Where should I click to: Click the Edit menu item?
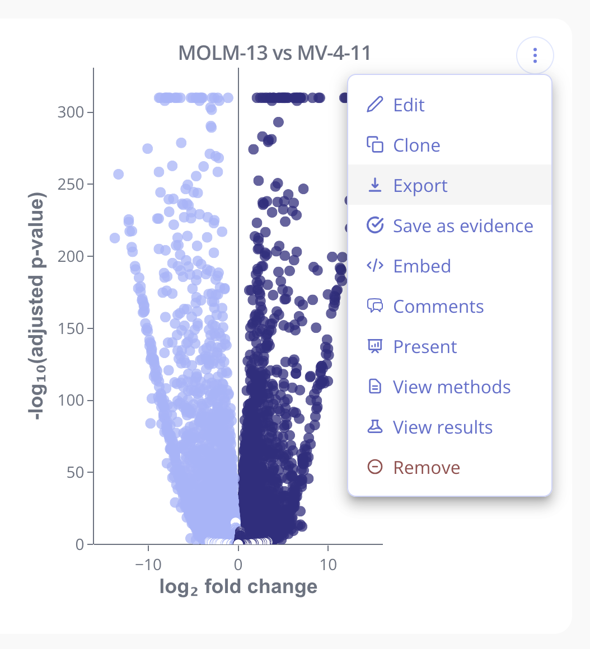[409, 105]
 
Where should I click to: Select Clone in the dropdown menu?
[416, 145]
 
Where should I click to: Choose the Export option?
[420, 186]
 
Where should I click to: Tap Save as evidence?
[462, 226]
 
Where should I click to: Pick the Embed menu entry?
[422, 266]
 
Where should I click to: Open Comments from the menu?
[438, 307]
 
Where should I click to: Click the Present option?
[425, 347]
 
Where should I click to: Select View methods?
[451, 387]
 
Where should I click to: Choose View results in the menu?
[442, 427]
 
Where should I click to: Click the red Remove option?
[426, 468]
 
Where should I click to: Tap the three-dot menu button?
[535, 55]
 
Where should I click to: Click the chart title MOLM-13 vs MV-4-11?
[274, 53]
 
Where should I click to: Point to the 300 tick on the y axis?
[71, 112]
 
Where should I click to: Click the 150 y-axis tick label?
[71, 328]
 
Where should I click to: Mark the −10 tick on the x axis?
[149, 564]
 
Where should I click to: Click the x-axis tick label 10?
[329, 564]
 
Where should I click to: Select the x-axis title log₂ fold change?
[238, 586]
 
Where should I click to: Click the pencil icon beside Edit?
[374, 105]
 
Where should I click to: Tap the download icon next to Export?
[374, 185]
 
